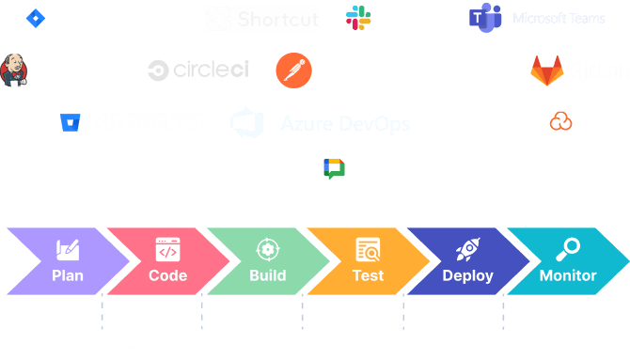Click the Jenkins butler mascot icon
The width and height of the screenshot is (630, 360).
(16, 70)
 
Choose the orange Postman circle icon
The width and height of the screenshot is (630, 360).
(292, 70)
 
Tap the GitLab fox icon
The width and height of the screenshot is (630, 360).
(546, 70)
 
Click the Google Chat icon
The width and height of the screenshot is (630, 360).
(334, 169)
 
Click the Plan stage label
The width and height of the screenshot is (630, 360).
(68, 275)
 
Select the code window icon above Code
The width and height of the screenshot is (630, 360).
(167, 251)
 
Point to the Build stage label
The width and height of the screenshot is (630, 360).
(268, 275)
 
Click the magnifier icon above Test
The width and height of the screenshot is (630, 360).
(368, 251)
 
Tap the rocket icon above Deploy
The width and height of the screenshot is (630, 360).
(467, 250)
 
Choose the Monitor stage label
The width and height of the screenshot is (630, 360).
(568, 275)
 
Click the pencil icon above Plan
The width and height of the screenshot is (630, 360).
(68, 250)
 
